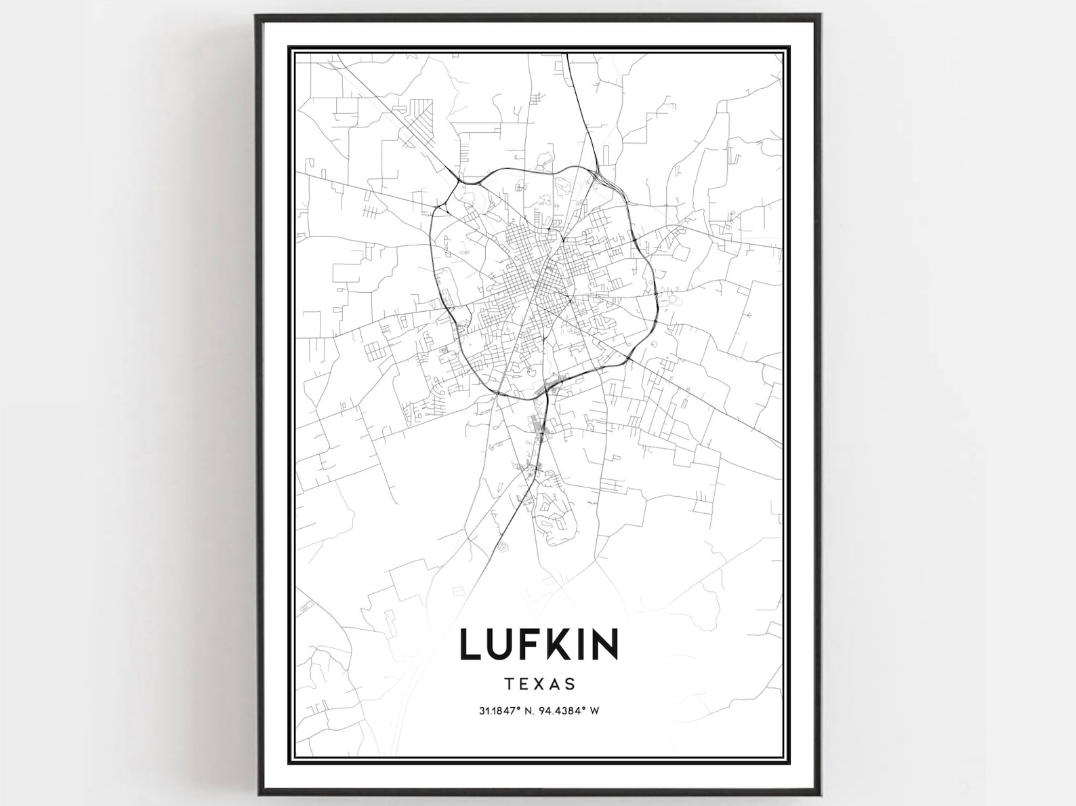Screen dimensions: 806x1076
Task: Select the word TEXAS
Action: pos(540,683)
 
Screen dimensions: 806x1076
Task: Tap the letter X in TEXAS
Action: pos(540,683)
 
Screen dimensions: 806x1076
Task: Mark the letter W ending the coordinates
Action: pos(597,711)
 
